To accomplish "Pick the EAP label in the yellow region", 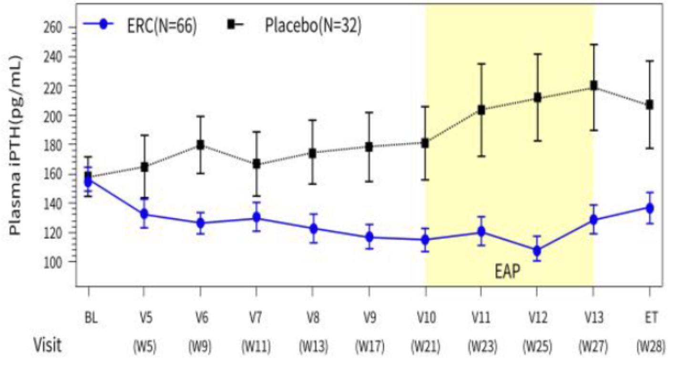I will [506, 272].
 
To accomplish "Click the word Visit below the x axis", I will [47, 346].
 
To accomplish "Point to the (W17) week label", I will [369, 346].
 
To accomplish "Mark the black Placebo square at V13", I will [594, 86].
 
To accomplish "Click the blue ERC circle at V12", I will [537, 250].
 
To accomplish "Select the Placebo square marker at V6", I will [201, 145].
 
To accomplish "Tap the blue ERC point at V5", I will [144, 214].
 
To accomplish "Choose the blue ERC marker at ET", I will [650, 208].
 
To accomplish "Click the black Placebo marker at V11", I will [481, 110].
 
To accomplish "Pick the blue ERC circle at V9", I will [369, 237].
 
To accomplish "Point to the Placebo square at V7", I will [257, 164].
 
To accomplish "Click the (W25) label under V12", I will [537, 346].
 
